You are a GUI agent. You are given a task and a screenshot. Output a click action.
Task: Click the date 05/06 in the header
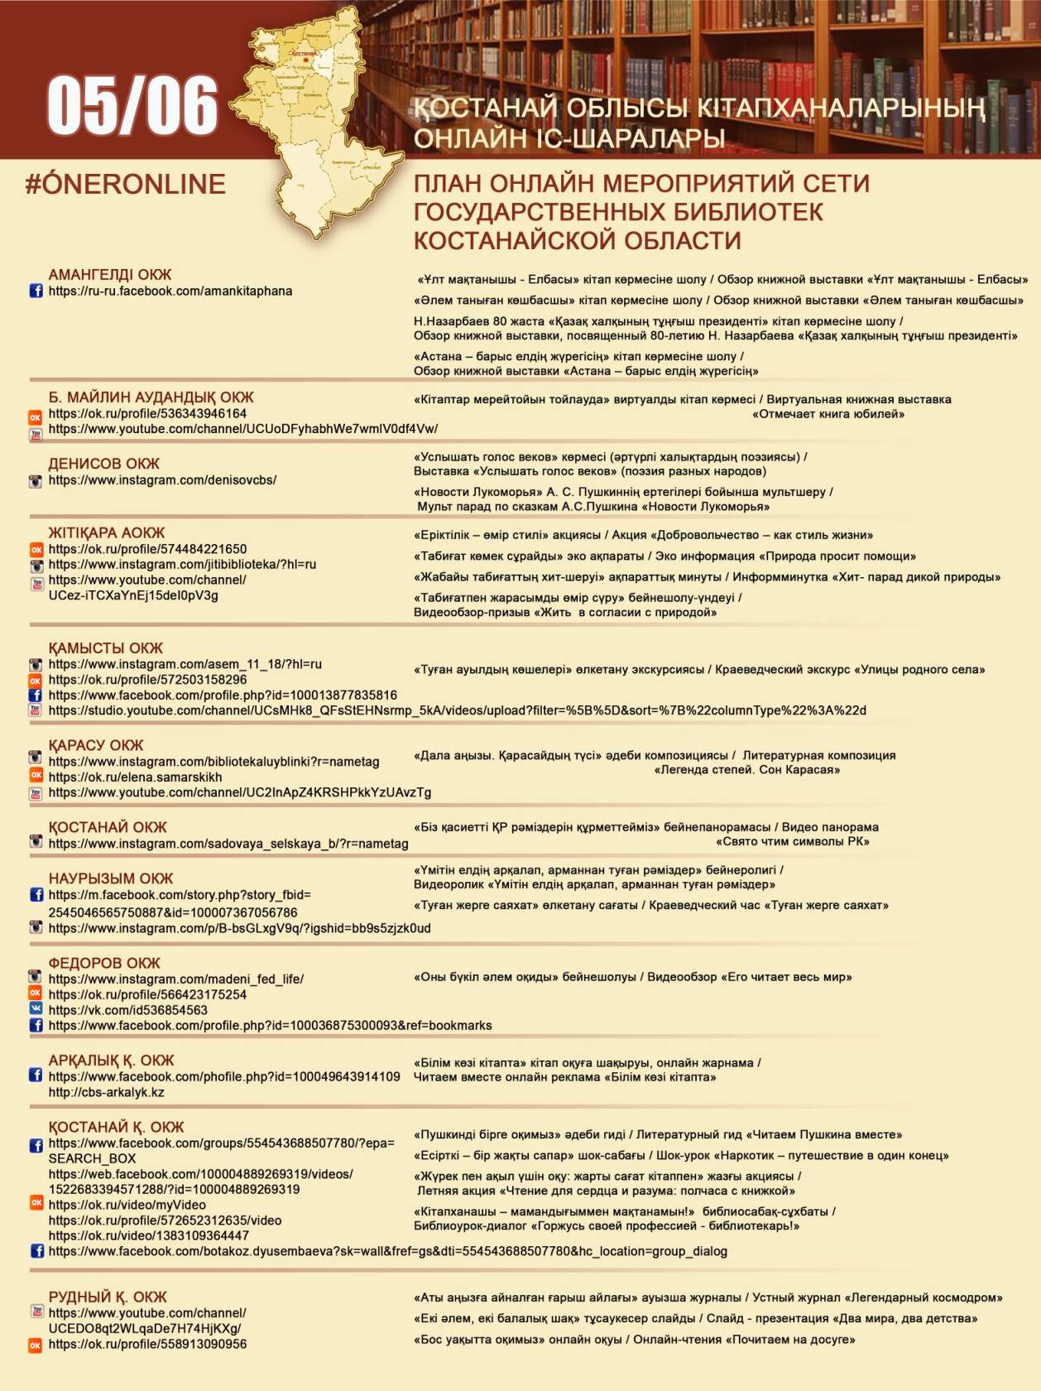pyautogui.click(x=132, y=105)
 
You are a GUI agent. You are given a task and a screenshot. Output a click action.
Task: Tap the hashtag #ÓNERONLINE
pyautogui.click(x=125, y=184)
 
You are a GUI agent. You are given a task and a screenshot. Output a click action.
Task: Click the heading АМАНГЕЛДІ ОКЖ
pyautogui.click(x=109, y=274)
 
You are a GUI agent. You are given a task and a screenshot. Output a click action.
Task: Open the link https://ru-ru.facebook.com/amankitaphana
pyautogui.click(x=170, y=291)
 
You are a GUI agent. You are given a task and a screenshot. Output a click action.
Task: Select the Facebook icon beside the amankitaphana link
pyautogui.click(x=36, y=291)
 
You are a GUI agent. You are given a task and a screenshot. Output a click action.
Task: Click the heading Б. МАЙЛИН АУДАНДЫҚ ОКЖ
pyautogui.click(x=151, y=397)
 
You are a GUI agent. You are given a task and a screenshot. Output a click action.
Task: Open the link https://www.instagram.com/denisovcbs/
pyautogui.click(x=162, y=480)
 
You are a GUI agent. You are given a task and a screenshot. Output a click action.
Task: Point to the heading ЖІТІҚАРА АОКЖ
pyautogui.click(x=106, y=532)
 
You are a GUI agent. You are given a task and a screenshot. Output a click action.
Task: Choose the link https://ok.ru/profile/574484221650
pyautogui.click(x=147, y=549)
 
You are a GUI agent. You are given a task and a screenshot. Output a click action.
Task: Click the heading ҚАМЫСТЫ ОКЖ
pyautogui.click(x=105, y=647)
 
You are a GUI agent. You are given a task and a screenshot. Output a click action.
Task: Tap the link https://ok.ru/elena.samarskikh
pyautogui.click(x=135, y=777)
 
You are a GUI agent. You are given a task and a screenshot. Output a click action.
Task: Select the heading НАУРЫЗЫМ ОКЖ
pyautogui.click(x=111, y=878)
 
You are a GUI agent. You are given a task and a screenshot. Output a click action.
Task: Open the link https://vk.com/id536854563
pyautogui.click(x=127, y=1010)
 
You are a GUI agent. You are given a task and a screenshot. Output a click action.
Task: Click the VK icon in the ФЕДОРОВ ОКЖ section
pyautogui.click(x=36, y=1009)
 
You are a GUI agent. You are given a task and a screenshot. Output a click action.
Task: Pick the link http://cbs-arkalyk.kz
pyautogui.click(x=106, y=1092)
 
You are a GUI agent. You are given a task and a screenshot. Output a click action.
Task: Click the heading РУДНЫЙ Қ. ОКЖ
pyautogui.click(x=108, y=1297)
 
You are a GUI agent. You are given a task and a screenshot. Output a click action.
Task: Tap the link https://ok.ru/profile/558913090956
pyautogui.click(x=147, y=1345)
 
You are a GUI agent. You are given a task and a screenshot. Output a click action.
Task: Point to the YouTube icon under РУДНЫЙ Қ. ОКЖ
pyautogui.click(x=36, y=1312)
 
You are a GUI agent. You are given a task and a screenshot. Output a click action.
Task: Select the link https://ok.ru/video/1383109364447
pyautogui.click(x=148, y=1235)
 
